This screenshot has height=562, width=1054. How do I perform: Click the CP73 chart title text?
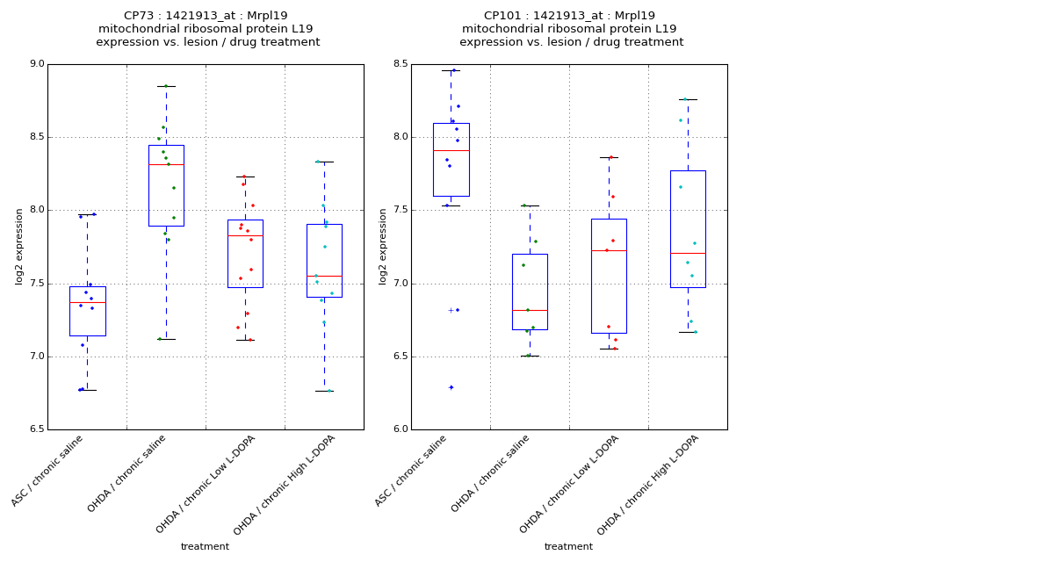point(206,29)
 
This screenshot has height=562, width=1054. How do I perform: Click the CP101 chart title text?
point(569,29)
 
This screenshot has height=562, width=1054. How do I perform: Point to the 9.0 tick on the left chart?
point(36,64)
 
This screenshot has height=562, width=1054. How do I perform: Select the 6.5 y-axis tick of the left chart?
point(36,429)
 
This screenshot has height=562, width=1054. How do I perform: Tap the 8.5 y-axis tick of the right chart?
point(400,64)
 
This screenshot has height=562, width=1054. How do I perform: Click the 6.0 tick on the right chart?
point(400,429)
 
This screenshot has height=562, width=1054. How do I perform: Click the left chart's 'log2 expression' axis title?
point(19,246)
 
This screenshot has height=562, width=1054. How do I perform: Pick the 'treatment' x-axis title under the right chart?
point(568,547)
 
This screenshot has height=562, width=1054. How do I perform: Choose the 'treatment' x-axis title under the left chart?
point(205,547)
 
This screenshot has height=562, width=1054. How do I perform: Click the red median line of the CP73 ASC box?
point(87,302)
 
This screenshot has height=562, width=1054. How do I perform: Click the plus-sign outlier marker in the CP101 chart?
point(451,310)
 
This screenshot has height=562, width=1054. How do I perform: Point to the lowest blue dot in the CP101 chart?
point(451,387)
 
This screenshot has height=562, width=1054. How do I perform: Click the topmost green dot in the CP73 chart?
point(165,86)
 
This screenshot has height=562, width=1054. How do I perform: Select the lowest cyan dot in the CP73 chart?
point(329,391)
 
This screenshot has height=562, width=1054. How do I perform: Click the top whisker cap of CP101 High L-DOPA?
point(688,99)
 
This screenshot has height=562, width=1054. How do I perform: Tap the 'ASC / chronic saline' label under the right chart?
point(412,472)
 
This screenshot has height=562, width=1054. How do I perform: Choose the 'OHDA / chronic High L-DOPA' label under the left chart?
point(285,485)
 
